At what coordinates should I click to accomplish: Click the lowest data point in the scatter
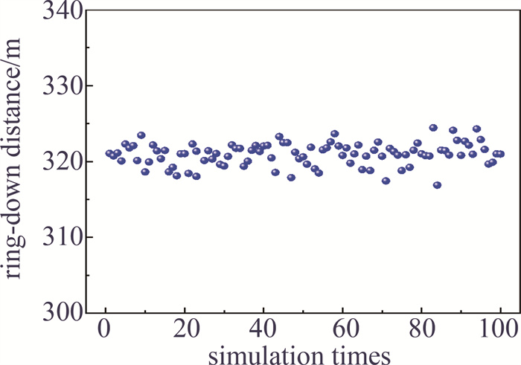point(437,185)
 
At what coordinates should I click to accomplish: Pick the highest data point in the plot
point(433,128)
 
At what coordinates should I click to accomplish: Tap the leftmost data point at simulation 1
point(109,154)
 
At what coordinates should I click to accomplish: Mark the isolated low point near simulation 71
point(386,181)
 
